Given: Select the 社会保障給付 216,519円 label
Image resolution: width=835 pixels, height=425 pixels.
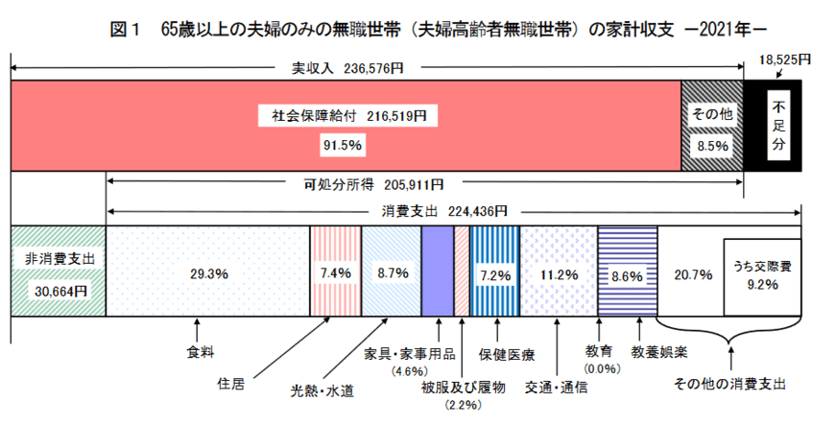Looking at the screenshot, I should click(348, 115).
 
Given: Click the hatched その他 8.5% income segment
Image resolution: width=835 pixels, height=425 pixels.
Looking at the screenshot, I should click(713, 127).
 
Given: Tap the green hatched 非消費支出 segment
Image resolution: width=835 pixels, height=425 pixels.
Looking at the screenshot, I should click(57, 272).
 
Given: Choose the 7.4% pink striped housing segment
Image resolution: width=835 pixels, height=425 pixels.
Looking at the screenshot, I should click(335, 272).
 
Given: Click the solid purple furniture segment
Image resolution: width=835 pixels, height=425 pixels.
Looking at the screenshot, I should click(437, 272).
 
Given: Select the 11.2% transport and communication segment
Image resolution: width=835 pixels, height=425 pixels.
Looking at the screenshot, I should click(558, 272).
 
